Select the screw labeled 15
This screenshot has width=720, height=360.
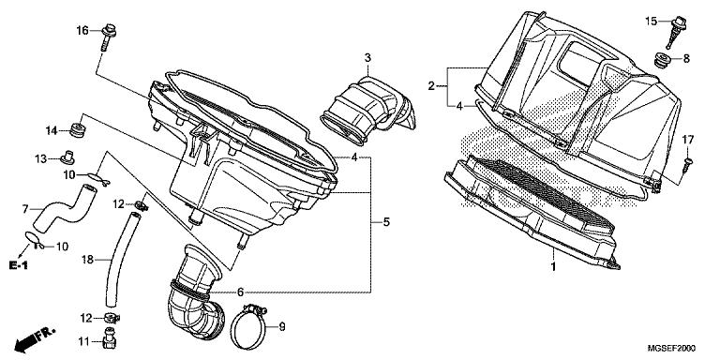tap(677, 30)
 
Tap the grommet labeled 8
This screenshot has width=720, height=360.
tap(662, 60)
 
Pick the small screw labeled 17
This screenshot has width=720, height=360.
tap(687, 164)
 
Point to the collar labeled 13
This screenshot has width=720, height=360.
tap(67, 157)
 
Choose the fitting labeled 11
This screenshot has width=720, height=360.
tap(110, 339)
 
